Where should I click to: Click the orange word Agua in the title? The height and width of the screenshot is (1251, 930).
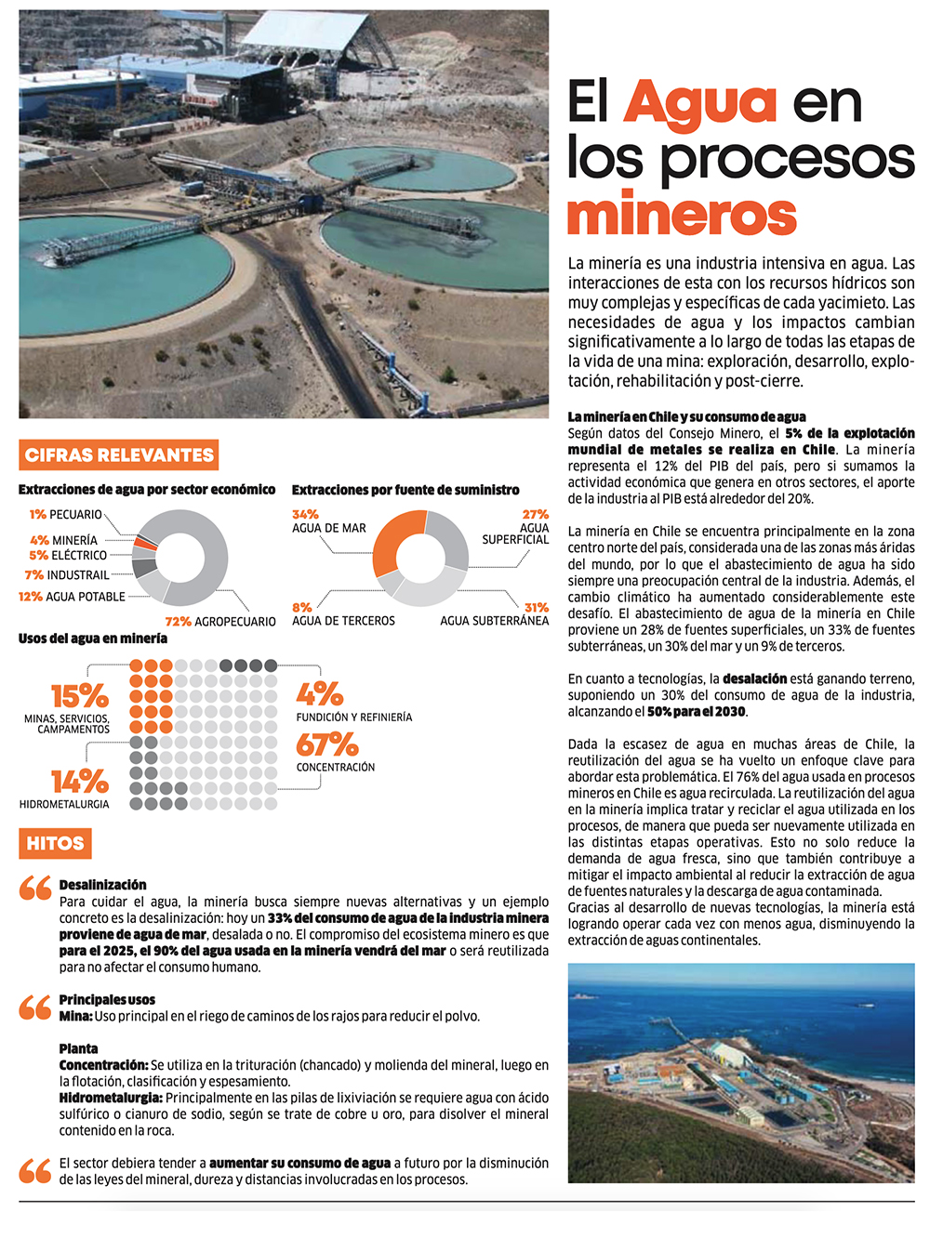(699, 102)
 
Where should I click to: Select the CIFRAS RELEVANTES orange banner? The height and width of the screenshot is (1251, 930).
(119, 454)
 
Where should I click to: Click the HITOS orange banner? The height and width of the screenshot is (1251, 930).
(55, 844)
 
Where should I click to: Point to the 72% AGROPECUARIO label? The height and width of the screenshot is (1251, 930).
(220, 621)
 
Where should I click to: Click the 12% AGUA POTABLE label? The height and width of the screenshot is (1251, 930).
(72, 597)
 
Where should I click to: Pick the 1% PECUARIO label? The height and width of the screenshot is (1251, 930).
(65, 514)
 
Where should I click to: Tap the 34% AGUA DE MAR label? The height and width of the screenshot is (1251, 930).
(328, 521)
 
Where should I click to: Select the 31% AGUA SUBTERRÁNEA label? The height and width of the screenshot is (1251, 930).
(495, 614)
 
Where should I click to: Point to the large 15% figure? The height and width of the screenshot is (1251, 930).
(79, 695)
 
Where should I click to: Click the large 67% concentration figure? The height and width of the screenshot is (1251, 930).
(326, 744)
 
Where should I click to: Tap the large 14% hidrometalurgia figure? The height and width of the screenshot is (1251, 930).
(79, 781)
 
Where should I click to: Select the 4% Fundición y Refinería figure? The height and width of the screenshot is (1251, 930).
(320, 693)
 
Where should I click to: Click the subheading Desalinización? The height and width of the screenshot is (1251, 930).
(102, 885)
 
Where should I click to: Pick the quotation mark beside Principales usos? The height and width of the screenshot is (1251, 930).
(35, 1007)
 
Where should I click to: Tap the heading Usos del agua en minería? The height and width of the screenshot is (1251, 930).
(93, 639)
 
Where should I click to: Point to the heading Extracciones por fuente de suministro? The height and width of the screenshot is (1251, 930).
(405, 490)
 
